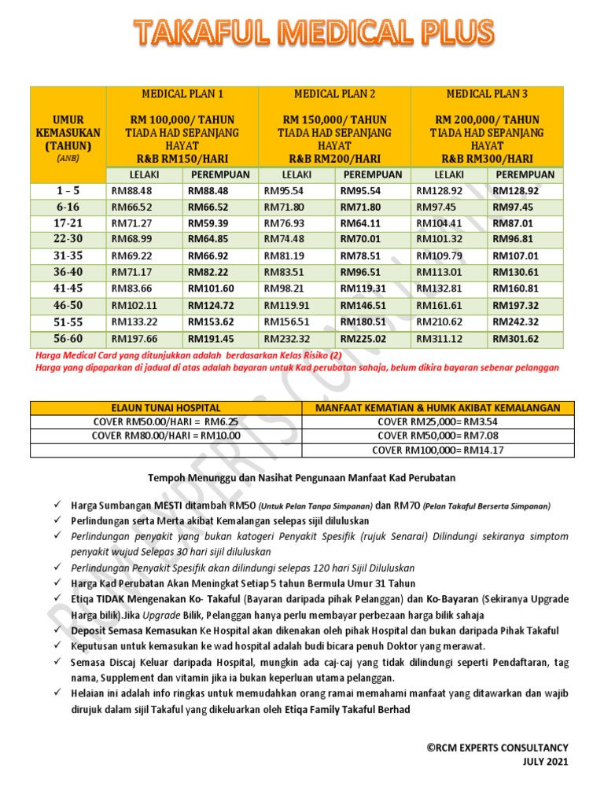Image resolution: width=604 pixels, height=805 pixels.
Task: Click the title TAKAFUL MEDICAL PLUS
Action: click(x=313, y=33)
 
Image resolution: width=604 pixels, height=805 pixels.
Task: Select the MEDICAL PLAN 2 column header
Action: click(x=334, y=94)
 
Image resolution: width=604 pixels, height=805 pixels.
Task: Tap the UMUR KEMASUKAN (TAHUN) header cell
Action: click(x=68, y=134)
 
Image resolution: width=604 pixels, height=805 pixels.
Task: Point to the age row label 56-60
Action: click(x=68, y=339)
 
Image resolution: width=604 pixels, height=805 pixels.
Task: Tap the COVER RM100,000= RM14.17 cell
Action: click(x=437, y=450)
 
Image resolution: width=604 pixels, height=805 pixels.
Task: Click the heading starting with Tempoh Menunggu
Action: click(x=302, y=477)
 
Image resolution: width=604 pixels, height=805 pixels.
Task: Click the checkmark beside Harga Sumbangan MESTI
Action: click(x=59, y=505)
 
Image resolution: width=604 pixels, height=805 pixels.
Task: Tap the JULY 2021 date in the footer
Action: click(x=545, y=761)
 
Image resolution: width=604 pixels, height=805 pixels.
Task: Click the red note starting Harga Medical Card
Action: click(x=190, y=355)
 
